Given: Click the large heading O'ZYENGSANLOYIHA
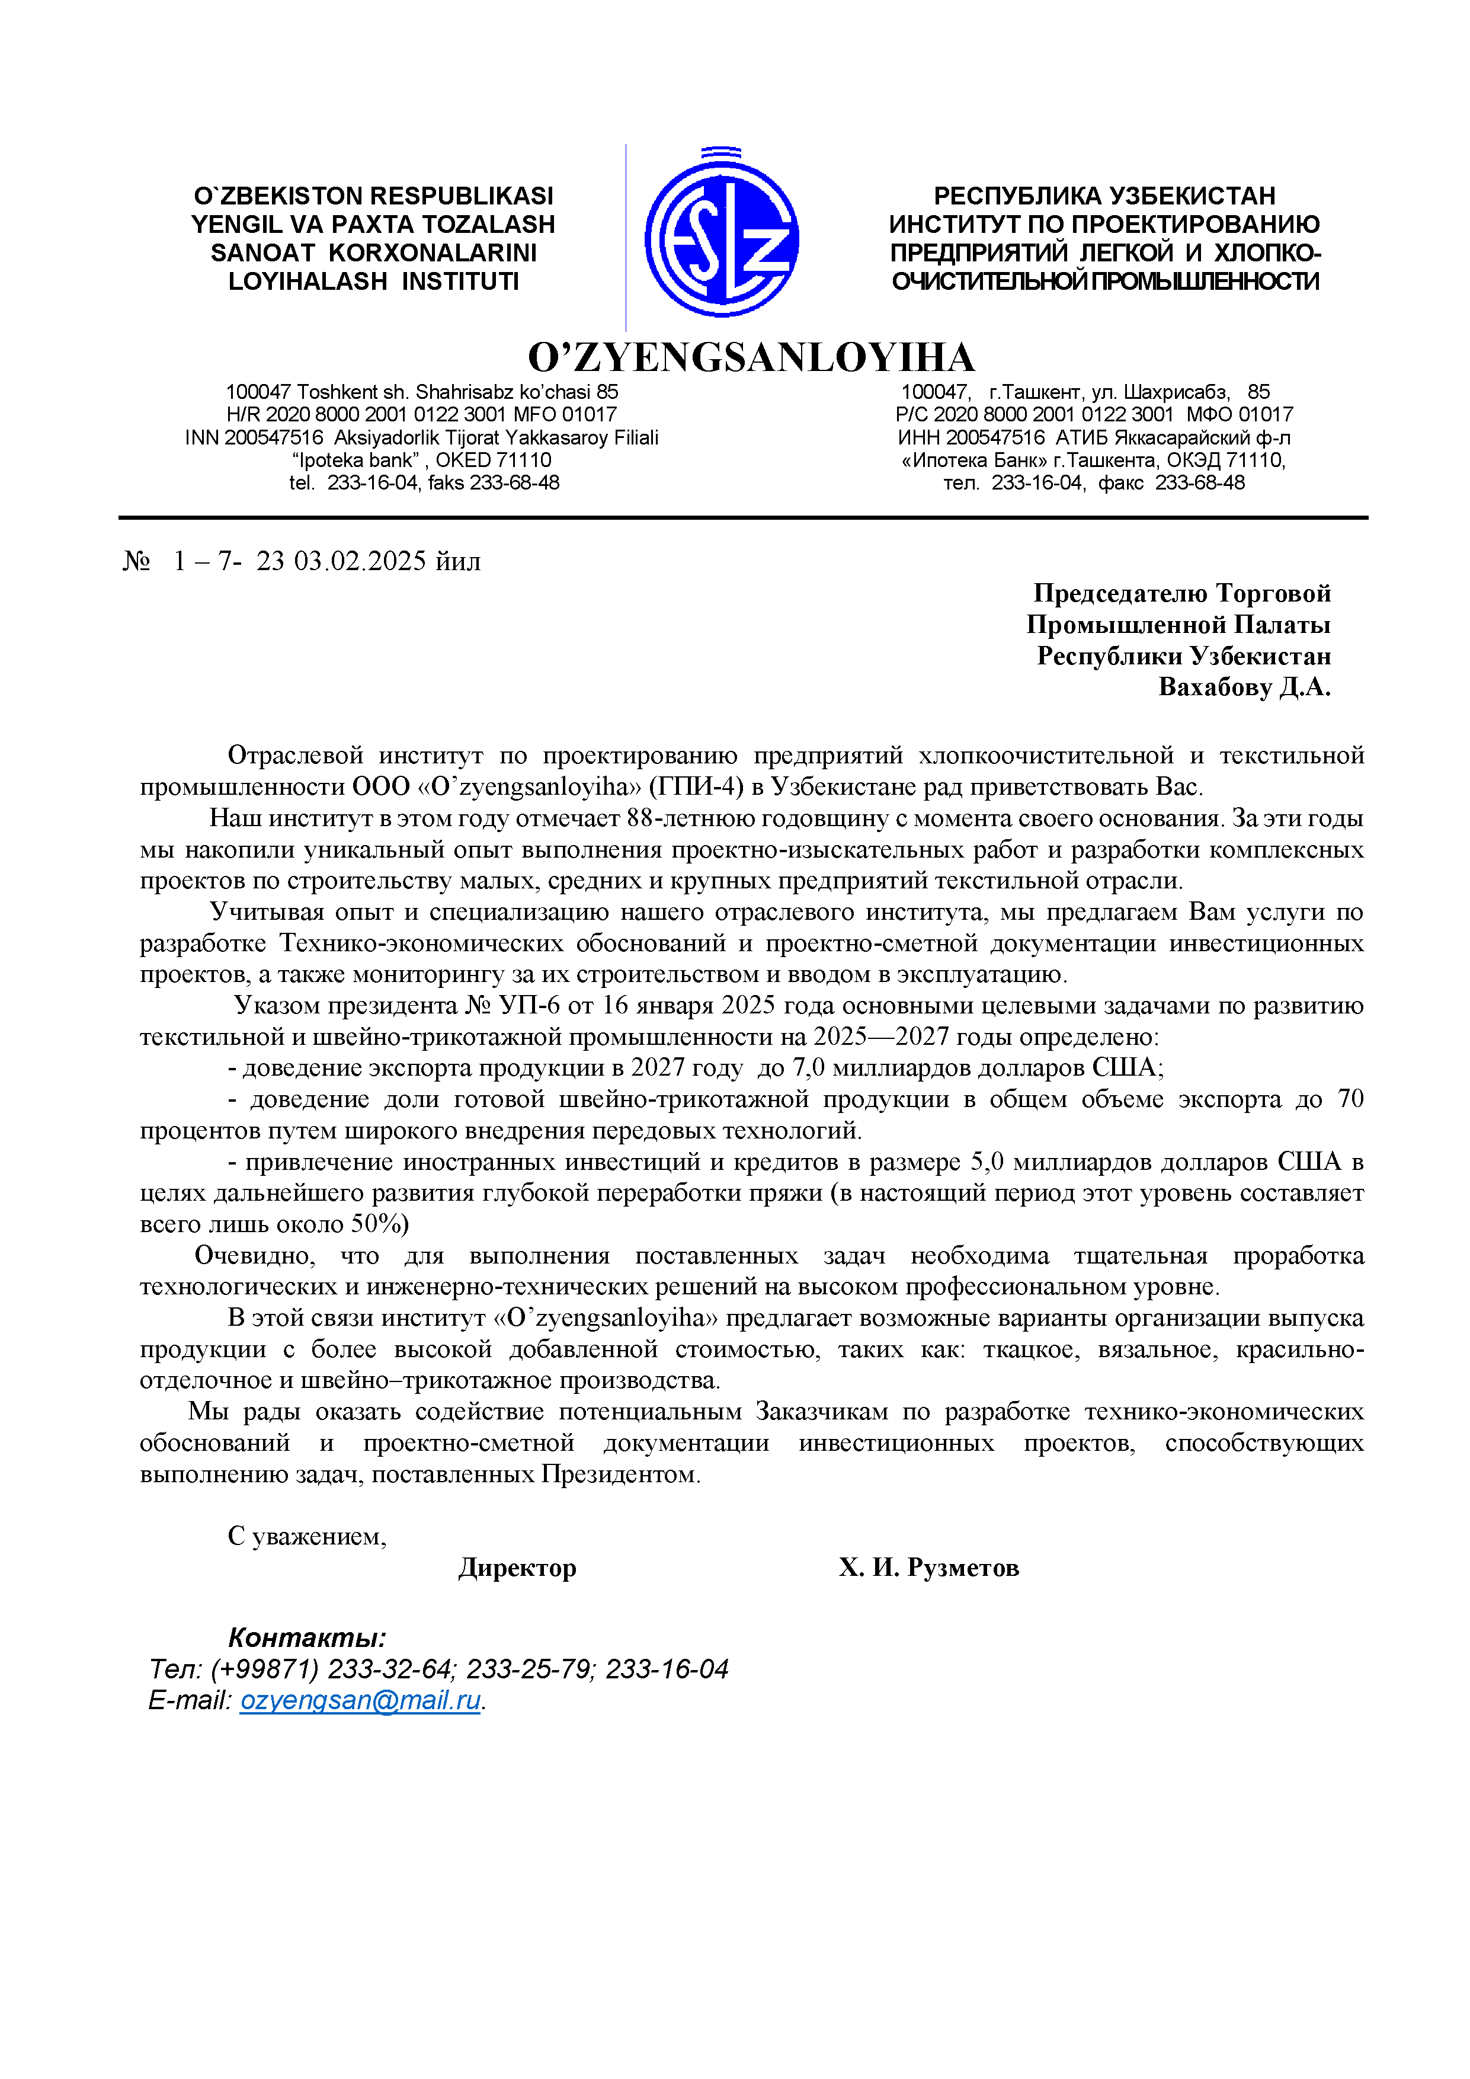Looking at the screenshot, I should (x=751, y=358).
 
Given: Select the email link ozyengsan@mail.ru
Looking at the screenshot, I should (x=360, y=1700).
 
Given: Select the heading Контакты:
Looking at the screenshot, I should (x=307, y=1637).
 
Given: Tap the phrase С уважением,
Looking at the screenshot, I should (x=307, y=1536).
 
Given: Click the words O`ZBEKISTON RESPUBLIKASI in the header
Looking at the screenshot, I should (x=373, y=197).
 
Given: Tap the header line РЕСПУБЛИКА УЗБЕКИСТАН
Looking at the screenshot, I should (x=1104, y=197).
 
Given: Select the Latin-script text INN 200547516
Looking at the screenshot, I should (x=254, y=438).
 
